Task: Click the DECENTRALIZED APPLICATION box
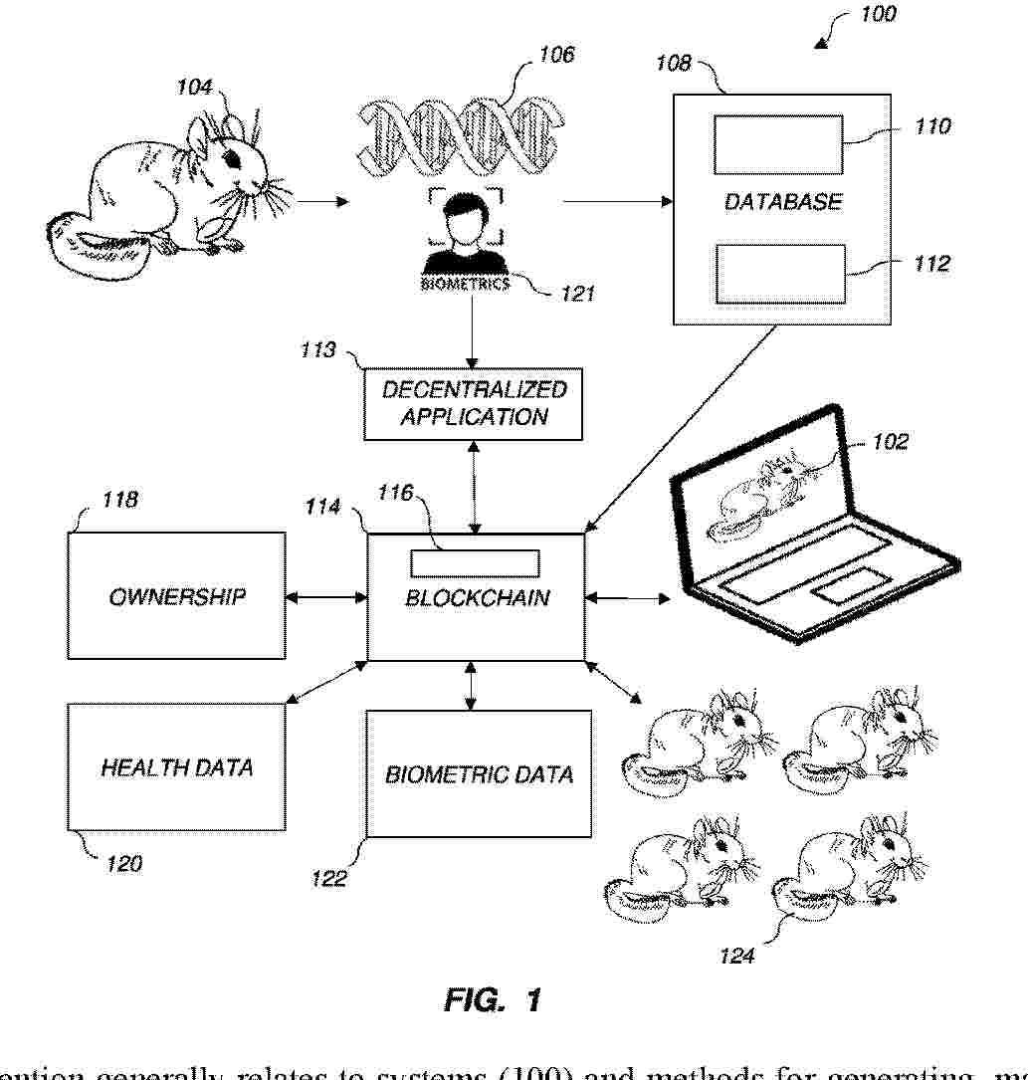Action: pos(474,402)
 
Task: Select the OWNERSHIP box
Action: pos(176,596)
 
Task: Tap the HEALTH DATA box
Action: pos(176,766)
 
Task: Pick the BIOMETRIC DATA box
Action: pos(479,773)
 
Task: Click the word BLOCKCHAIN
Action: pos(477,599)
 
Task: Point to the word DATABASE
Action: pos(782,201)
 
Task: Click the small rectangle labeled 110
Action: pos(778,144)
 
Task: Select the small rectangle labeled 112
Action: pos(778,273)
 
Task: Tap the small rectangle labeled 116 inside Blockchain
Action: pos(476,563)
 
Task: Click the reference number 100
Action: pos(873,14)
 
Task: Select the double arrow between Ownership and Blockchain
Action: pos(325,597)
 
